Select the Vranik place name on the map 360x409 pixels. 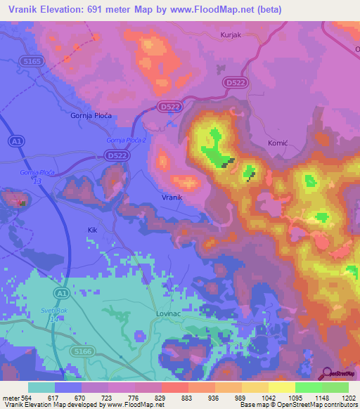172,197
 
